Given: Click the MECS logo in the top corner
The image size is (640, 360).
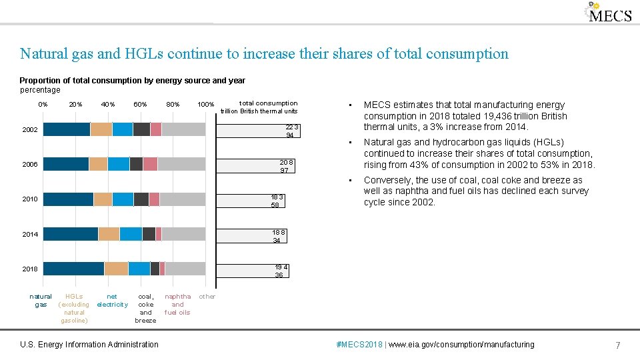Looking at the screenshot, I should click(x=608, y=13).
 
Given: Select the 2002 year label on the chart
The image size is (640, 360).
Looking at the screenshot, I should click(x=29, y=129).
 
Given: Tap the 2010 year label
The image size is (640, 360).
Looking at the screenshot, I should click(x=29, y=199).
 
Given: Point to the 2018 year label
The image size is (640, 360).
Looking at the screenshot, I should click(x=29, y=269).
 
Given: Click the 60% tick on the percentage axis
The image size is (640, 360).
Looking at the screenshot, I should click(x=140, y=105).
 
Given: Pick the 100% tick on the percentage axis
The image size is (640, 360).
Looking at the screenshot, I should click(x=205, y=105).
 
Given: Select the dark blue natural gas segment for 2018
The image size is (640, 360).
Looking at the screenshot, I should click(x=73, y=269).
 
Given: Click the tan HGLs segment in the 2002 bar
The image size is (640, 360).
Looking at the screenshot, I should click(x=101, y=129).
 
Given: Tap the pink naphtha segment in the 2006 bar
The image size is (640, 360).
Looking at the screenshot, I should click(x=150, y=164).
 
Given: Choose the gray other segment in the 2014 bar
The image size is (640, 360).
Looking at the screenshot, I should click(x=183, y=234).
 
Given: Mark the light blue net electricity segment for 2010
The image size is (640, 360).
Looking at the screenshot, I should click(x=123, y=199).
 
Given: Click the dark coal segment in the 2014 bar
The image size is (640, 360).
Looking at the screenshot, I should click(x=149, y=234).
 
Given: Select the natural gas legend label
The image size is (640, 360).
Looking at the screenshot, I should click(x=41, y=301).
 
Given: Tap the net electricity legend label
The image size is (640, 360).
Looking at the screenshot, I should click(x=112, y=301).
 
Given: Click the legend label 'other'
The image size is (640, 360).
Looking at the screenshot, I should click(x=207, y=297).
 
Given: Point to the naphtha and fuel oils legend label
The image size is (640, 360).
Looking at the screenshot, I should click(x=177, y=304).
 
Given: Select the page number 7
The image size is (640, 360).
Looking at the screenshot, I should click(x=618, y=345).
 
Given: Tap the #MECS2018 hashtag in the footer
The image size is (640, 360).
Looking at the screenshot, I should click(x=360, y=345).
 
